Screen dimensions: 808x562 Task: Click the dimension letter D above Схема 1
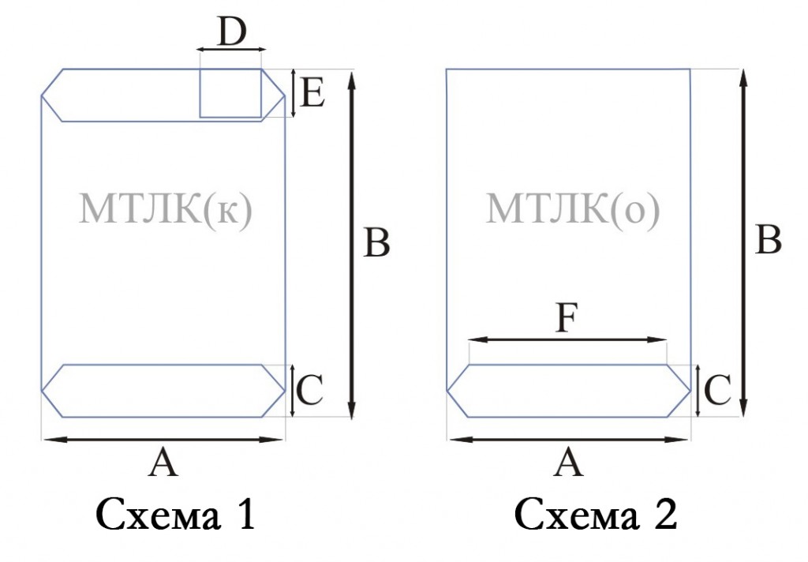[233, 32]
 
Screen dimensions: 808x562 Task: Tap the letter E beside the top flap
[312, 94]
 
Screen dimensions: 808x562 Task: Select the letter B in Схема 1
[376, 242]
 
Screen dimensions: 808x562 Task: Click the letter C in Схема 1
[310, 390]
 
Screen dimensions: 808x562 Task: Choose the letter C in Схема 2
[716, 390]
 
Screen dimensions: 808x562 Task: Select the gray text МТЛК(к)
[166, 209]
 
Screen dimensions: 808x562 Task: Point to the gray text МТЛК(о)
[573, 209]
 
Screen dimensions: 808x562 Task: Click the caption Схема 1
[175, 515]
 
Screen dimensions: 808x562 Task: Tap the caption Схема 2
[595, 515]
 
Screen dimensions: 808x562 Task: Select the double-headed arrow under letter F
[568, 339]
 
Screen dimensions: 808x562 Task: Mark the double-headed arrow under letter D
[231, 50]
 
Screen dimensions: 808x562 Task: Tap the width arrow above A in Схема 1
[163, 440]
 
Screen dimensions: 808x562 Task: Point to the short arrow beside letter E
[293, 93]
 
